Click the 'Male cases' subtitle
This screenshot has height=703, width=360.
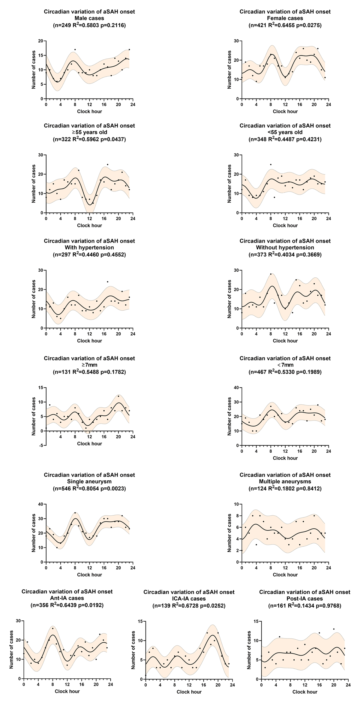[x=89, y=18]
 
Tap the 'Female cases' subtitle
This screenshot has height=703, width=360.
[x=285, y=18]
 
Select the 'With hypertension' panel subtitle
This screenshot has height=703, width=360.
[x=89, y=248]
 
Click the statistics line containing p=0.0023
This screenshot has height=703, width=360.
[x=89, y=488]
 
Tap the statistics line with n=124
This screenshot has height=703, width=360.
[x=285, y=488]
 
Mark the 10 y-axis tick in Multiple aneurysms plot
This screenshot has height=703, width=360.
[x=236, y=504]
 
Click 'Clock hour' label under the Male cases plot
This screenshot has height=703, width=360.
[x=89, y=111]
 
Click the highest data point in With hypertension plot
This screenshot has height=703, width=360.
[x=107, y=282]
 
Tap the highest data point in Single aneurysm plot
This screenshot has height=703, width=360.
[x=75, y=513]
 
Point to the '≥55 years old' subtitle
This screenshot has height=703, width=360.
[x=89, y=132]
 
